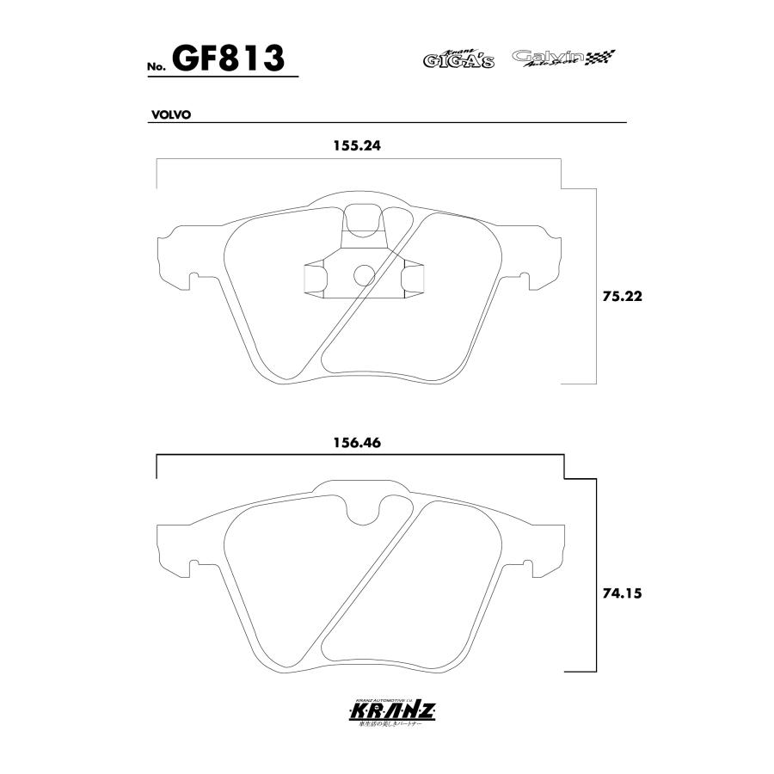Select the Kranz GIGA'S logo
[458, 58]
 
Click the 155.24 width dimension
[357, 146]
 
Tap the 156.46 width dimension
[357, 443]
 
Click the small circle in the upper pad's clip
[365, 274]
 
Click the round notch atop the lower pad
[365, 510]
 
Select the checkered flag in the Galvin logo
[601, 58]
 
